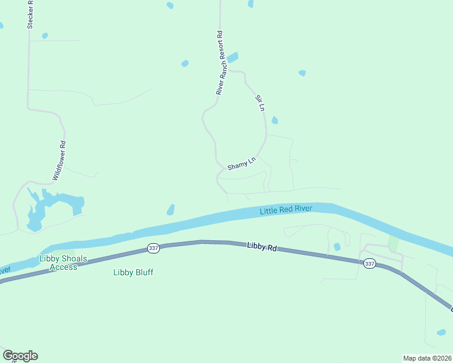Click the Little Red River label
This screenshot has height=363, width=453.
click(286, 210)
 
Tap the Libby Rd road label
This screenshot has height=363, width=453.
click(262, 247)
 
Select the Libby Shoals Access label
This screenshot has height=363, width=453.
click(59, 263)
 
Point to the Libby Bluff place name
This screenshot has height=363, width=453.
click(133, 272)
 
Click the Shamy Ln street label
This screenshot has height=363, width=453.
click(242, 163)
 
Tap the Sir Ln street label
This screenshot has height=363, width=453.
click(260, 103)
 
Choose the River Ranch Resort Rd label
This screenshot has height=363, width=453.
click(220, 63)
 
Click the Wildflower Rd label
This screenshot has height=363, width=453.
click(59, 161)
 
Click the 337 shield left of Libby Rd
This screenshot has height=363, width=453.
click(153, 249)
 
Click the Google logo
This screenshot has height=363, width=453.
click(20, 356)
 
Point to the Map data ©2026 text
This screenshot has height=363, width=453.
click(427, 358)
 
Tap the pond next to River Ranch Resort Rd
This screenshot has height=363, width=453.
click(232, 57)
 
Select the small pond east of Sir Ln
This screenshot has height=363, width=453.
click(275, 120)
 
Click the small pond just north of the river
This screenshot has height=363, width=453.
click(171, 210)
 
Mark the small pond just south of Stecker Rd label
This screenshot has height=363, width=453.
click(45, 36)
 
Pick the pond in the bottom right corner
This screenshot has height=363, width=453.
click(441, 332)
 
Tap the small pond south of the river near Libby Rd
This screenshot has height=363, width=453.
click(337, 247)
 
